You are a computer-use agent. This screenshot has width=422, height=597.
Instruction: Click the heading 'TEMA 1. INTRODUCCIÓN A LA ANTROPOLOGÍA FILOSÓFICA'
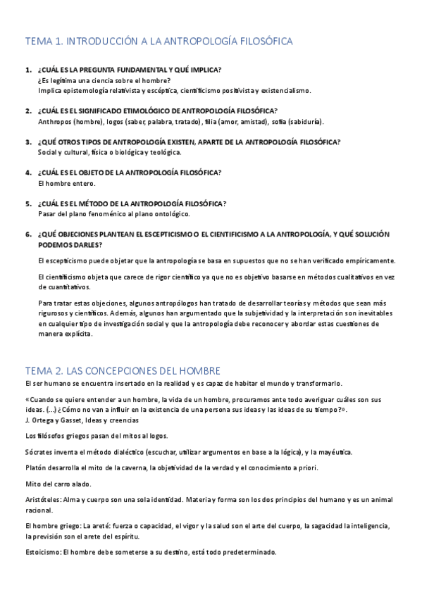(x=159, y=42)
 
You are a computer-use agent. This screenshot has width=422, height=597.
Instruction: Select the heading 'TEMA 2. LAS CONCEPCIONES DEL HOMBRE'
(x=123, y=370)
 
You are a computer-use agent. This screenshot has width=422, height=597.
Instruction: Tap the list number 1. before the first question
(x=28, y=70)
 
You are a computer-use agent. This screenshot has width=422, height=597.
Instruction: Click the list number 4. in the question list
(x=28, y=172)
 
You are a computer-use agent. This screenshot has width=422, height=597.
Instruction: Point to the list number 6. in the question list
(x=28, y=234)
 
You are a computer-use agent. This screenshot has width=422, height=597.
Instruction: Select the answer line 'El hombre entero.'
(x=66, y=183)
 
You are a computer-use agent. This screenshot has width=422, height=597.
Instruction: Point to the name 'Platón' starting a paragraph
(x=36, y=468)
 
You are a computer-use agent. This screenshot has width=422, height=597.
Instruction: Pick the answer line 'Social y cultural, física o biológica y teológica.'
(x=110, y=152)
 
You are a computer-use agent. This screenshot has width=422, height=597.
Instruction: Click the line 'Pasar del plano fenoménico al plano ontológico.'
(x=114, y=213)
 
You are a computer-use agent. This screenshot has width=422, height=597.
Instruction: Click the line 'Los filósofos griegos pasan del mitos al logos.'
(x=96, y=436)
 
